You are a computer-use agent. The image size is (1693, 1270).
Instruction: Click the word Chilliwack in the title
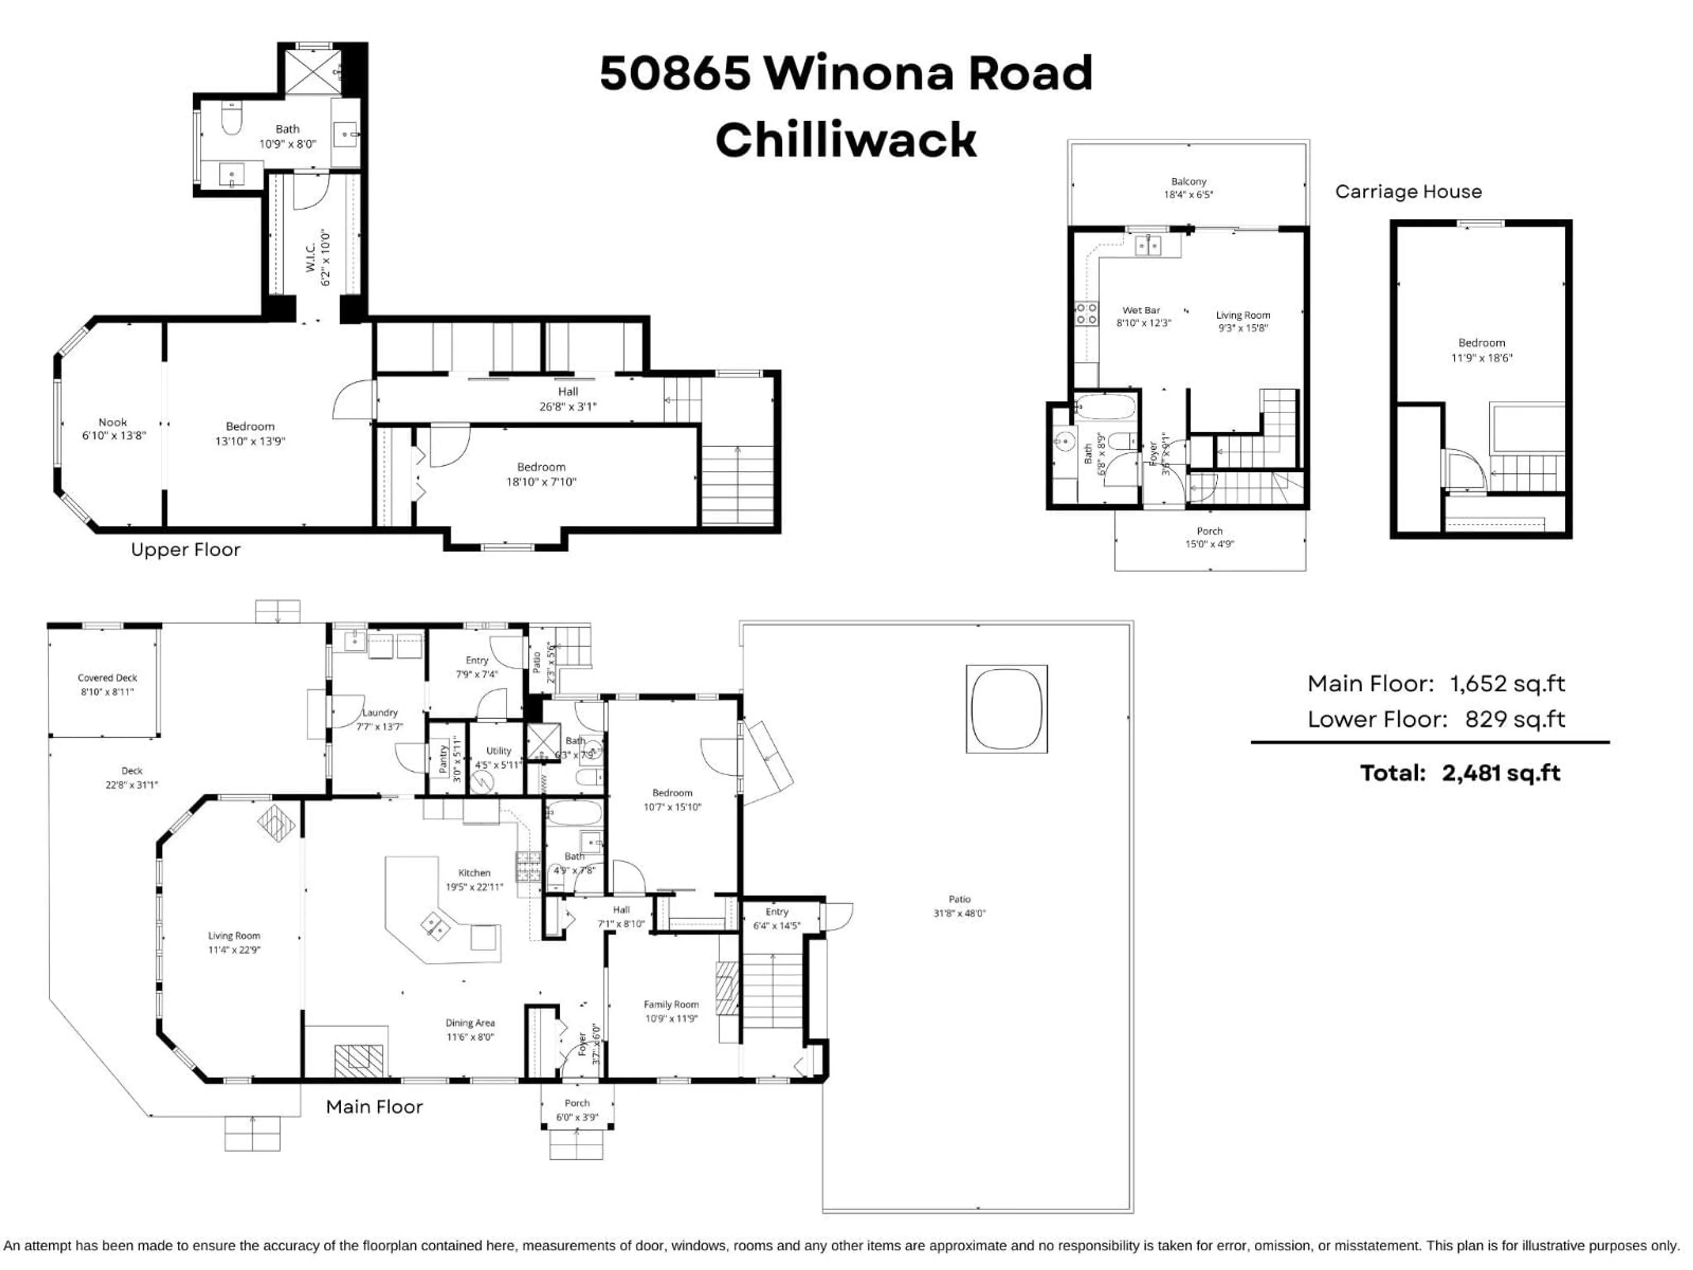[x=845, y=140]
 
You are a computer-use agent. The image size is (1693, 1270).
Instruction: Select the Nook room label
[x=112, y=422]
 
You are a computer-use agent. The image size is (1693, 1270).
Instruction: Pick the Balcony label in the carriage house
[x=1189, y=181]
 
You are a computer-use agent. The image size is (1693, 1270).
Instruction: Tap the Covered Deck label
[x=107, y=677]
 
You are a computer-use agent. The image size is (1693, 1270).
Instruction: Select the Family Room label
[x=671, y=1005]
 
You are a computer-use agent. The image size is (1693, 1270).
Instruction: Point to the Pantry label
[x=442, y=758]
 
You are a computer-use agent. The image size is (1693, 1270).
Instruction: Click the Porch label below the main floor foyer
[x=577, y=1103]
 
